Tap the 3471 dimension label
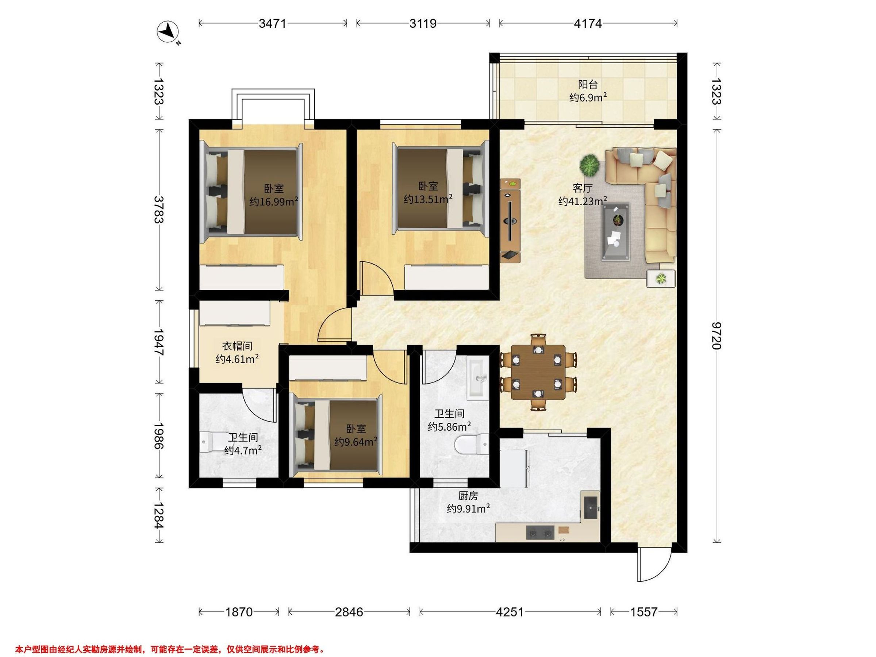point(272,24)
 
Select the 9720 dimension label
point(716,336)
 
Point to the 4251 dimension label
point(510,612)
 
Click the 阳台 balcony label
point(588,84)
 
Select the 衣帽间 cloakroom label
point(237,346)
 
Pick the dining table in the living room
point(538,372)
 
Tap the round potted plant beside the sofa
point(591,166)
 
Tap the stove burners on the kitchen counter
point(541,532)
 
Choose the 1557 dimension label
point(643,612)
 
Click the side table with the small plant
point(661,278)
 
